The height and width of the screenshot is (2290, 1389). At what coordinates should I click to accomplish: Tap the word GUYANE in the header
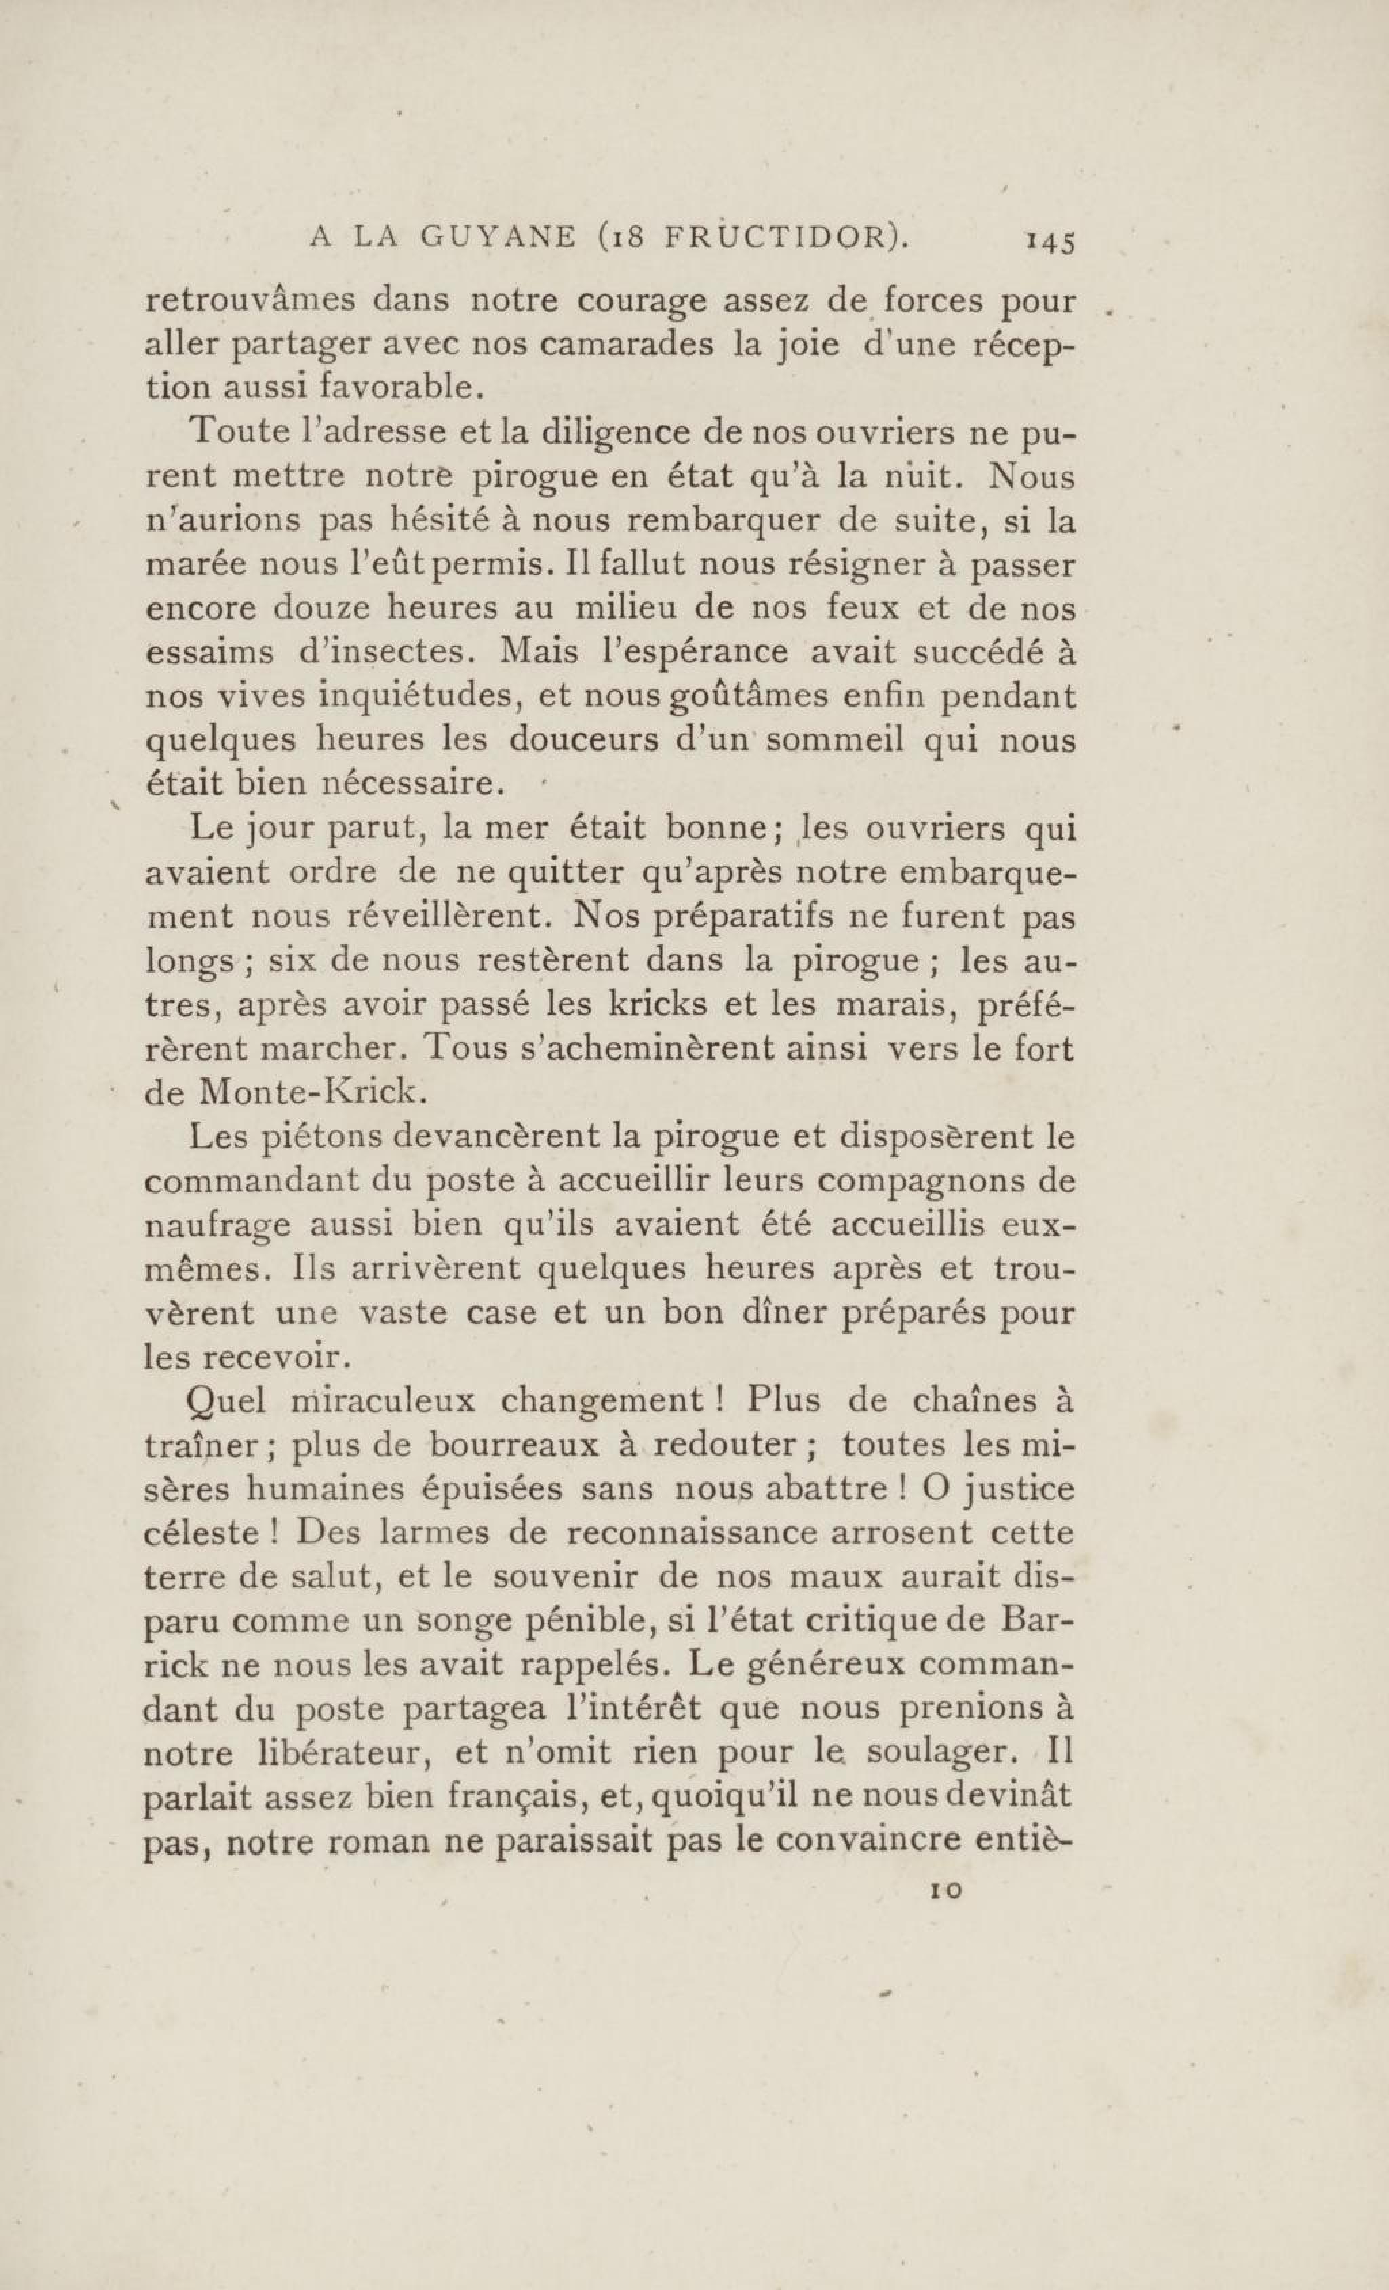coord(497,239)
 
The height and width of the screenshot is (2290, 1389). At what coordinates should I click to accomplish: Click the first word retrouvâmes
coord(248,302)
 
